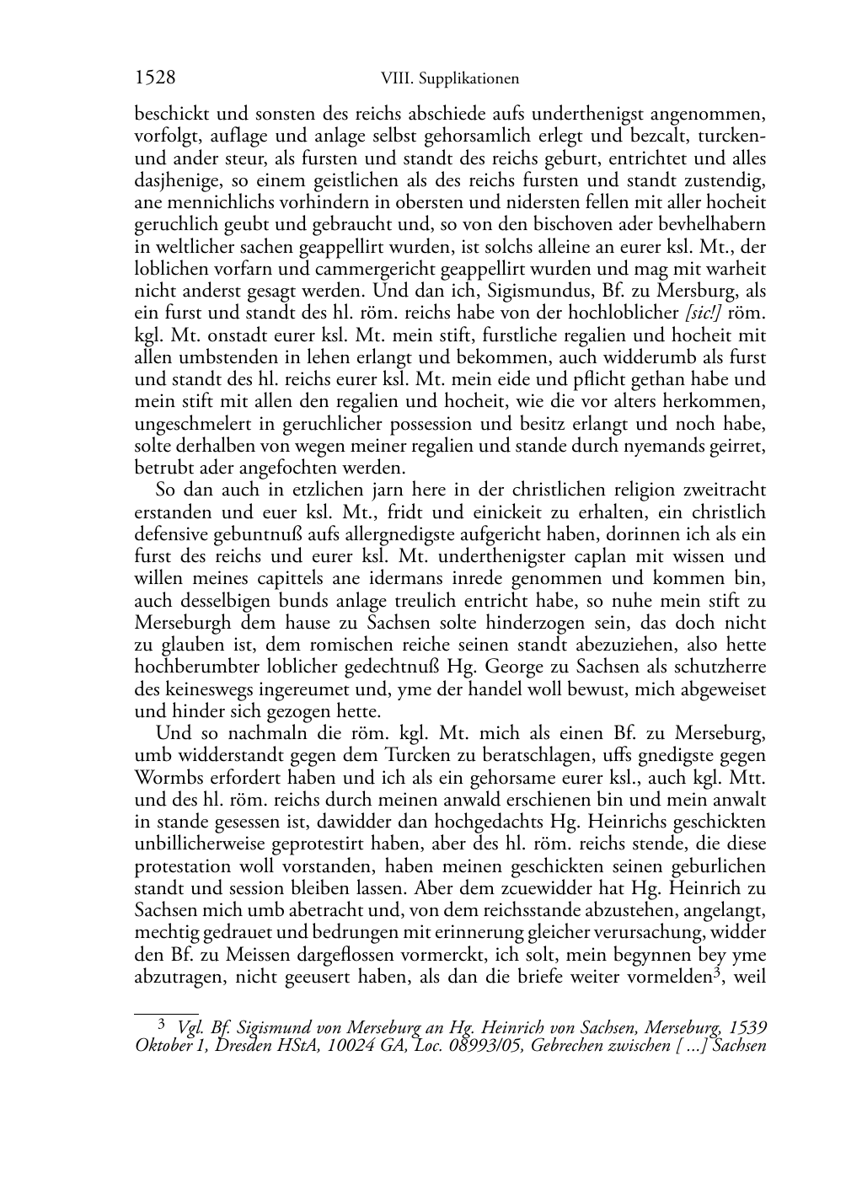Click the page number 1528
coord(155,78)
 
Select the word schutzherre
coord(721,667)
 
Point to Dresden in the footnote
coord(246,1047)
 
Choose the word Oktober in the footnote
coord(162,1047)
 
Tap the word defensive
coord(172,534)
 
